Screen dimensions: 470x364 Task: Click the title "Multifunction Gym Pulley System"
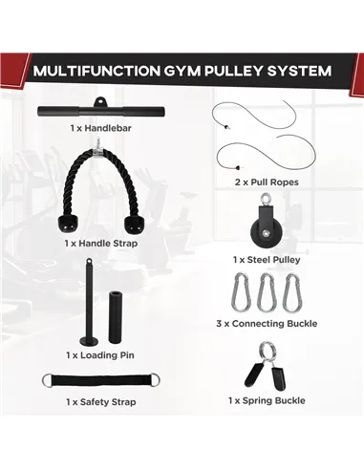(182, 71)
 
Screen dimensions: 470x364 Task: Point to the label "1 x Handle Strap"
(100, 244)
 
